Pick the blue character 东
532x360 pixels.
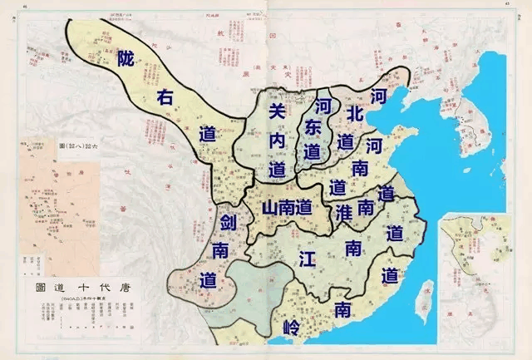pyautogui.click(x=313, y=129)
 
